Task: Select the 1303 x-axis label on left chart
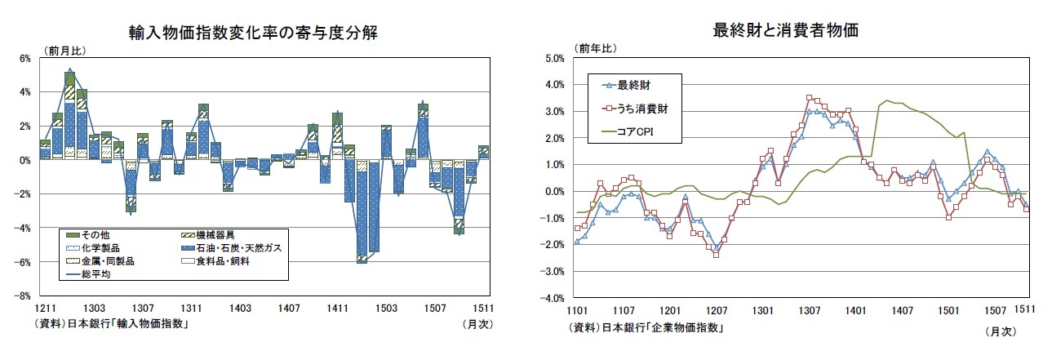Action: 94,308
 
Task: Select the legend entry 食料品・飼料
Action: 229,261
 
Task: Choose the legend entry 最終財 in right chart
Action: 634,84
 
